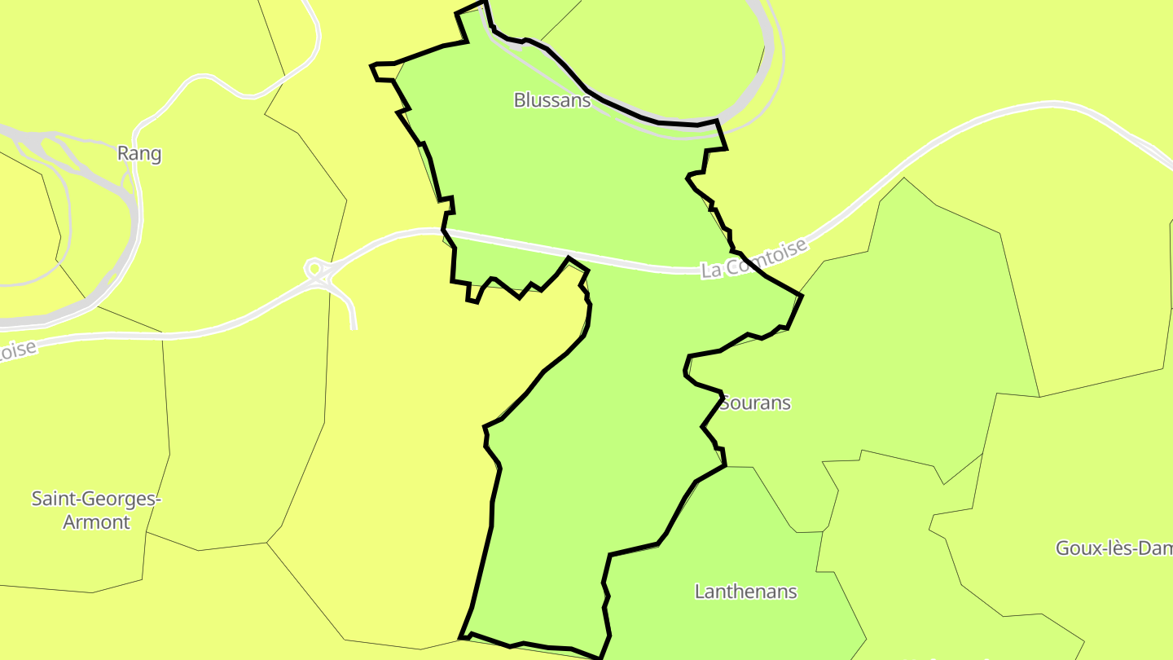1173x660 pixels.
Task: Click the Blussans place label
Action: (551, 100)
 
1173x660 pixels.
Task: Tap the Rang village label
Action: (139, 153)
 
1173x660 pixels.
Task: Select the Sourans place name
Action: (756, 403)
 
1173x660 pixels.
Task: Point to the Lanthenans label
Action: (745, 591)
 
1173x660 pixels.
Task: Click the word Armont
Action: (96, 521)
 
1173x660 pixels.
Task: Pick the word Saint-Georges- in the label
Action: (96, 499)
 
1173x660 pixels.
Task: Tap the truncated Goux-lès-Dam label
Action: (1114, 548)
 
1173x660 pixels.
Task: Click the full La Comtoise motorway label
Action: (754, 258)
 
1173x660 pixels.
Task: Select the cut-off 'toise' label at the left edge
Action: (18, 351)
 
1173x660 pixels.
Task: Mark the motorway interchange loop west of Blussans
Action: (314, 268)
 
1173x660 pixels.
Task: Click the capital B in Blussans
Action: (520, 100)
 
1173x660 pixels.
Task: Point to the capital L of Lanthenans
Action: (700, 591)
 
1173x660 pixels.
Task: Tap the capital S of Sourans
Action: (726, 403)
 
